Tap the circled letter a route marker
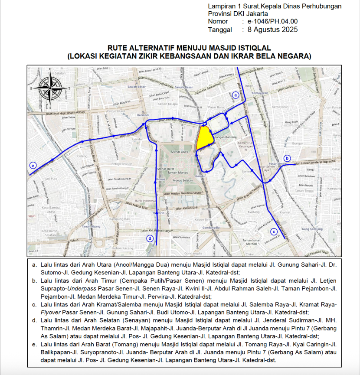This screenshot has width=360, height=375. pos(236,95)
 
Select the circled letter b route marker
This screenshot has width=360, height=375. pos(287,158)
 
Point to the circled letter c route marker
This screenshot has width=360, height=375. pos(274,232)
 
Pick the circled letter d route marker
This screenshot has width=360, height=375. pos(150,238)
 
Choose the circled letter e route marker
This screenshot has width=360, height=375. pos(32,165)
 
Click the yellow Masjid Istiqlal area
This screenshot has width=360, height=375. pos(204,138)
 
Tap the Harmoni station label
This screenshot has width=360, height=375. pos(143,116)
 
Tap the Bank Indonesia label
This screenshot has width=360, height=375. pos(144,201)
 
